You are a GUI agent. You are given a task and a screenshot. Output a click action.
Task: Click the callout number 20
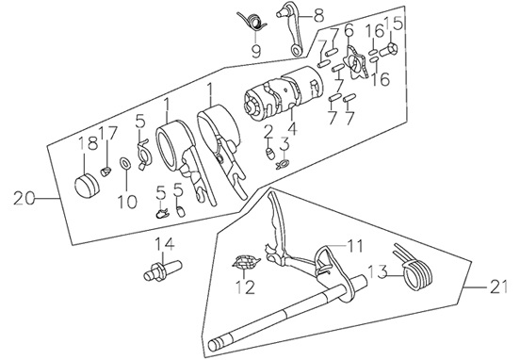tap(24, 199)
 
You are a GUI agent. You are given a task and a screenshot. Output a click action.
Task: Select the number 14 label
tap(165, 245)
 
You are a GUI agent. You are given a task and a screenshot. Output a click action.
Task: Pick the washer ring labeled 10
tap(125, 163)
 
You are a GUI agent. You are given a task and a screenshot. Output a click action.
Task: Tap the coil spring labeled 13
tap(415, 269)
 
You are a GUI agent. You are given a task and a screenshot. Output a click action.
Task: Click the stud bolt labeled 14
tap(163, 270)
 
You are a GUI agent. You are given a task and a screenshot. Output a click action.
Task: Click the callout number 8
tap(317, 15)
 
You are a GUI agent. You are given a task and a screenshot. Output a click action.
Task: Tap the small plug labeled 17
tap(106, 172)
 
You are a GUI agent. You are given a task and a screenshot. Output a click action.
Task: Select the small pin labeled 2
tap(270, 154)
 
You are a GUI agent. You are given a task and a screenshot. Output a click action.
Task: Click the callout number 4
tap(292, 128)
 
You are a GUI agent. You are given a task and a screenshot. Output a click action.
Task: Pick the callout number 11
tap(353, 247)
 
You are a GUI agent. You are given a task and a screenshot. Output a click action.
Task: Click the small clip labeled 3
tap(284, 163)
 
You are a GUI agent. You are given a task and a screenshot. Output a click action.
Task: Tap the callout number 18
tap(89, 143)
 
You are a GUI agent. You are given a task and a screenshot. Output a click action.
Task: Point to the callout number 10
tap(128, 202)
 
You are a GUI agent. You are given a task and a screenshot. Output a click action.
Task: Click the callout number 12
tap(246, 286)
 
